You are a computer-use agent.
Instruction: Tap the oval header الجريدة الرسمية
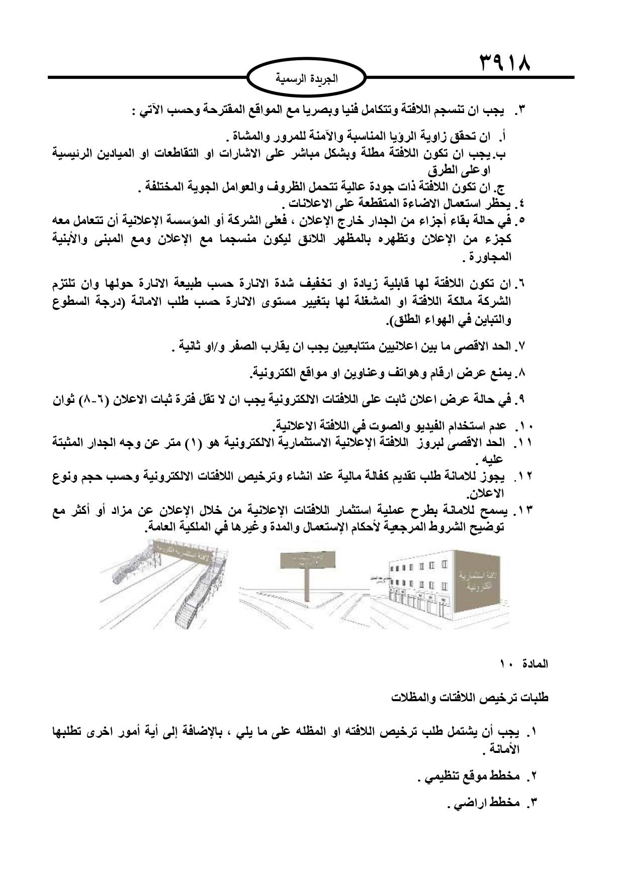[x=308, y=78]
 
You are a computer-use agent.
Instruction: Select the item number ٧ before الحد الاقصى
[x=520, y=347]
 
